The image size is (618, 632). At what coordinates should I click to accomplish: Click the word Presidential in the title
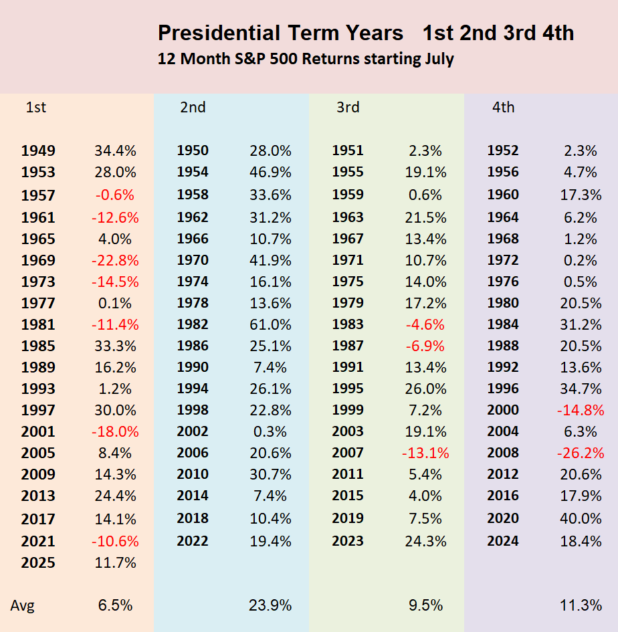click(x=219, y=33)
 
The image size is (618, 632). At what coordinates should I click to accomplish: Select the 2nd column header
click(x=193, y=107)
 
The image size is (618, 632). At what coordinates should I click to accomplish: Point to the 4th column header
click(x=503, y=107)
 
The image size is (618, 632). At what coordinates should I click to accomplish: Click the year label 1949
click(x=38, y=150)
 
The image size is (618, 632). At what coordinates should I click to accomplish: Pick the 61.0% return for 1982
click(x=270, y=324)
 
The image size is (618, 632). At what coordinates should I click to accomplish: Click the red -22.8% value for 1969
click(x=115, y=260)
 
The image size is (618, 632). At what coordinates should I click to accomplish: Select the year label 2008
click(x=503, y=453)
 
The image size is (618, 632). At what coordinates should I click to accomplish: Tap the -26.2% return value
click(x=581, y=453)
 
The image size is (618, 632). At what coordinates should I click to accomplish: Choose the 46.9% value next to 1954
click(x=270, y=172)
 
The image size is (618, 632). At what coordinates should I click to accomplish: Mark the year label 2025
click(x=38, y=562)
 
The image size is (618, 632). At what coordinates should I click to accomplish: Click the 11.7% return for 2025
click(x=115, y=562)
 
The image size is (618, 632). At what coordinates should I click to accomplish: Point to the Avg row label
click(x=23, y=605)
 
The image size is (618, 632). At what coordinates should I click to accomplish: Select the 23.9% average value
click(x=270, y=605)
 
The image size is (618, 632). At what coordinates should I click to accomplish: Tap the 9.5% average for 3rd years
click(x=425, y=605)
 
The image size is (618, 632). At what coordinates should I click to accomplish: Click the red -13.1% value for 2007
click(x=425, y=453)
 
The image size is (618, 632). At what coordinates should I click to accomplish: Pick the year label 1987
click(x=348, y=346)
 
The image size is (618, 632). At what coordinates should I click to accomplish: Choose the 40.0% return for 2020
click(x=581, y=518)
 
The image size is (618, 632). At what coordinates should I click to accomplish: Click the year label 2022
click(x=193, y=541)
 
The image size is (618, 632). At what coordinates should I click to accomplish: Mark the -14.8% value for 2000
click(x=581, y=411)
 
